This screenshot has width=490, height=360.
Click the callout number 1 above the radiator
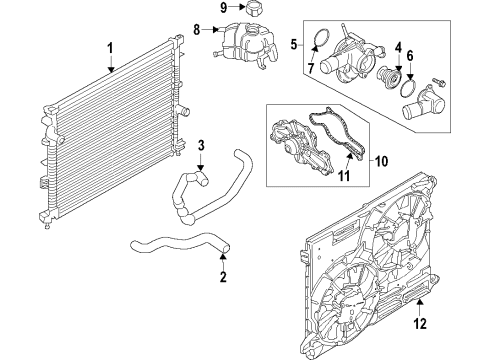111,47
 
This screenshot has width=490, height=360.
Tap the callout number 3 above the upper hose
201,149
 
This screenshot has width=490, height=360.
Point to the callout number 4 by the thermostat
397,46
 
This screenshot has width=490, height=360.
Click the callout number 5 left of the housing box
293,44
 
